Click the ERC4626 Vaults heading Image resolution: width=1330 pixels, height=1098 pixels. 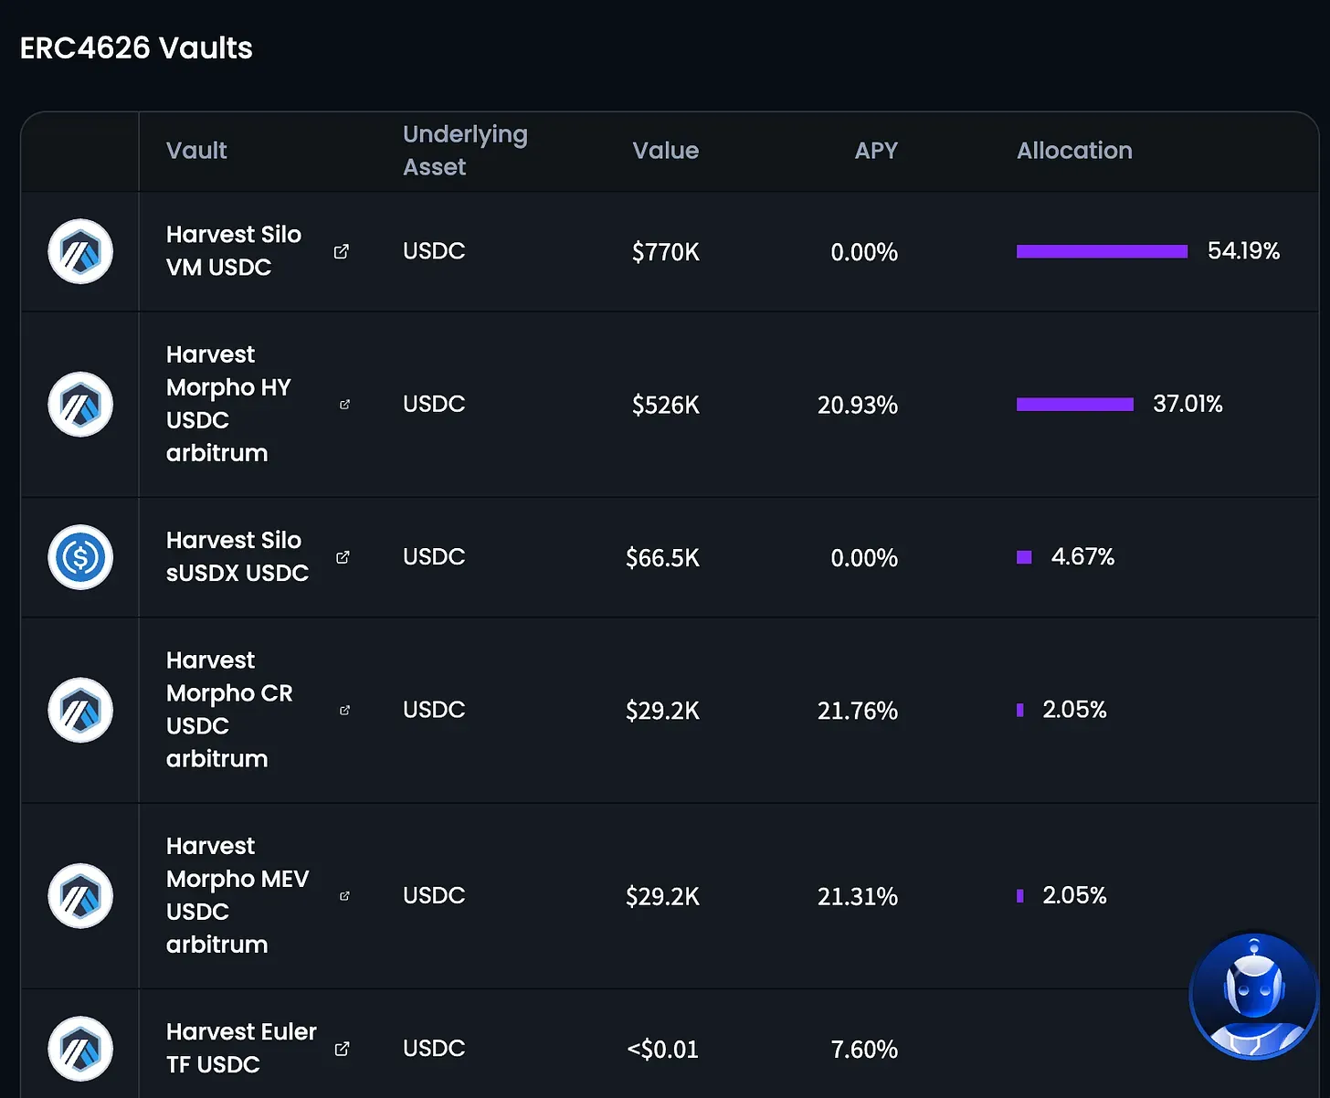point(136,48)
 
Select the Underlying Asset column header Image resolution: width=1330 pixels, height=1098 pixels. point(465,151)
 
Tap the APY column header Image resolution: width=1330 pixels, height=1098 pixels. point(876,151)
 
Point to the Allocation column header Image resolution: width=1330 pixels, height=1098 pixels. point(1074,151)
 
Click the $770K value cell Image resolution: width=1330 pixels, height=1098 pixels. point(665,252)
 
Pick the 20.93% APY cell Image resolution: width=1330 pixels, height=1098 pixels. point(857,405)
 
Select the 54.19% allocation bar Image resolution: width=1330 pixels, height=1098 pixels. point(1102,251)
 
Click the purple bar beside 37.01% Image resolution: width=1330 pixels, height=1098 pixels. point(1074,405)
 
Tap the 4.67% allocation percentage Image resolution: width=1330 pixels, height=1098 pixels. point(1082,557)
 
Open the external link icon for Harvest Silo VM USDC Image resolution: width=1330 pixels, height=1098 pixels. point(342,251)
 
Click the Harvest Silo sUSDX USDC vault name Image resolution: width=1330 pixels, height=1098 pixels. point(237,557)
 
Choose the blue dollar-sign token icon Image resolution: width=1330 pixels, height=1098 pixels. point(80,557)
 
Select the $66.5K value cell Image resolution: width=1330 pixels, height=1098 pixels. point(662,558)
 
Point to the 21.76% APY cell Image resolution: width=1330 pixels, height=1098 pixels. point(857,711)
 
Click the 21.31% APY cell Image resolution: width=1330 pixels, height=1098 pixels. point(857,897)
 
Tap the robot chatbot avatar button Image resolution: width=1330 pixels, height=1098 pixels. point(1253,996)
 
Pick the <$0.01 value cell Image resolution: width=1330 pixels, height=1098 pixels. point(662,1050)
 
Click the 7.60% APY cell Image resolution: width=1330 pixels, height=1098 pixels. point(863,1050)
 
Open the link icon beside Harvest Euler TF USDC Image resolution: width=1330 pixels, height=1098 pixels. point(342,1049)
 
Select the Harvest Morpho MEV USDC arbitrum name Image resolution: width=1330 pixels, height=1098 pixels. point(237,896)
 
